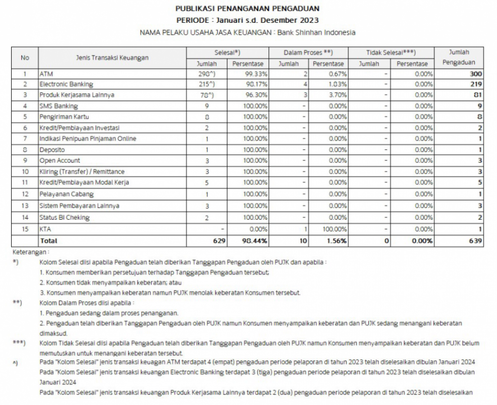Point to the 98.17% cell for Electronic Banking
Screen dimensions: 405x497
(x=256, y=84)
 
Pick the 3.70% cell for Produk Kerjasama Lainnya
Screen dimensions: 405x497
(x=335, y=95)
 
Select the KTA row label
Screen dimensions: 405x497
(x=45, y=229)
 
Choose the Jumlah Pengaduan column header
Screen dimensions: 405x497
(x=459, y=57)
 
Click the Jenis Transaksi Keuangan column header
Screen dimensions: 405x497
(x=112, y=58)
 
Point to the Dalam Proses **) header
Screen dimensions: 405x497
(x=308, y=52)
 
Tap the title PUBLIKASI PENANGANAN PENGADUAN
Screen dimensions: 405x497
(x=248, y=9)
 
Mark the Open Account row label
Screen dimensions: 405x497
(x=60, y=161)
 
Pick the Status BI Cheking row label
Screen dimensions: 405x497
(x=65, y=218)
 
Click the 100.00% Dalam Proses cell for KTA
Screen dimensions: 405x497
(x=333, y=229)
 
